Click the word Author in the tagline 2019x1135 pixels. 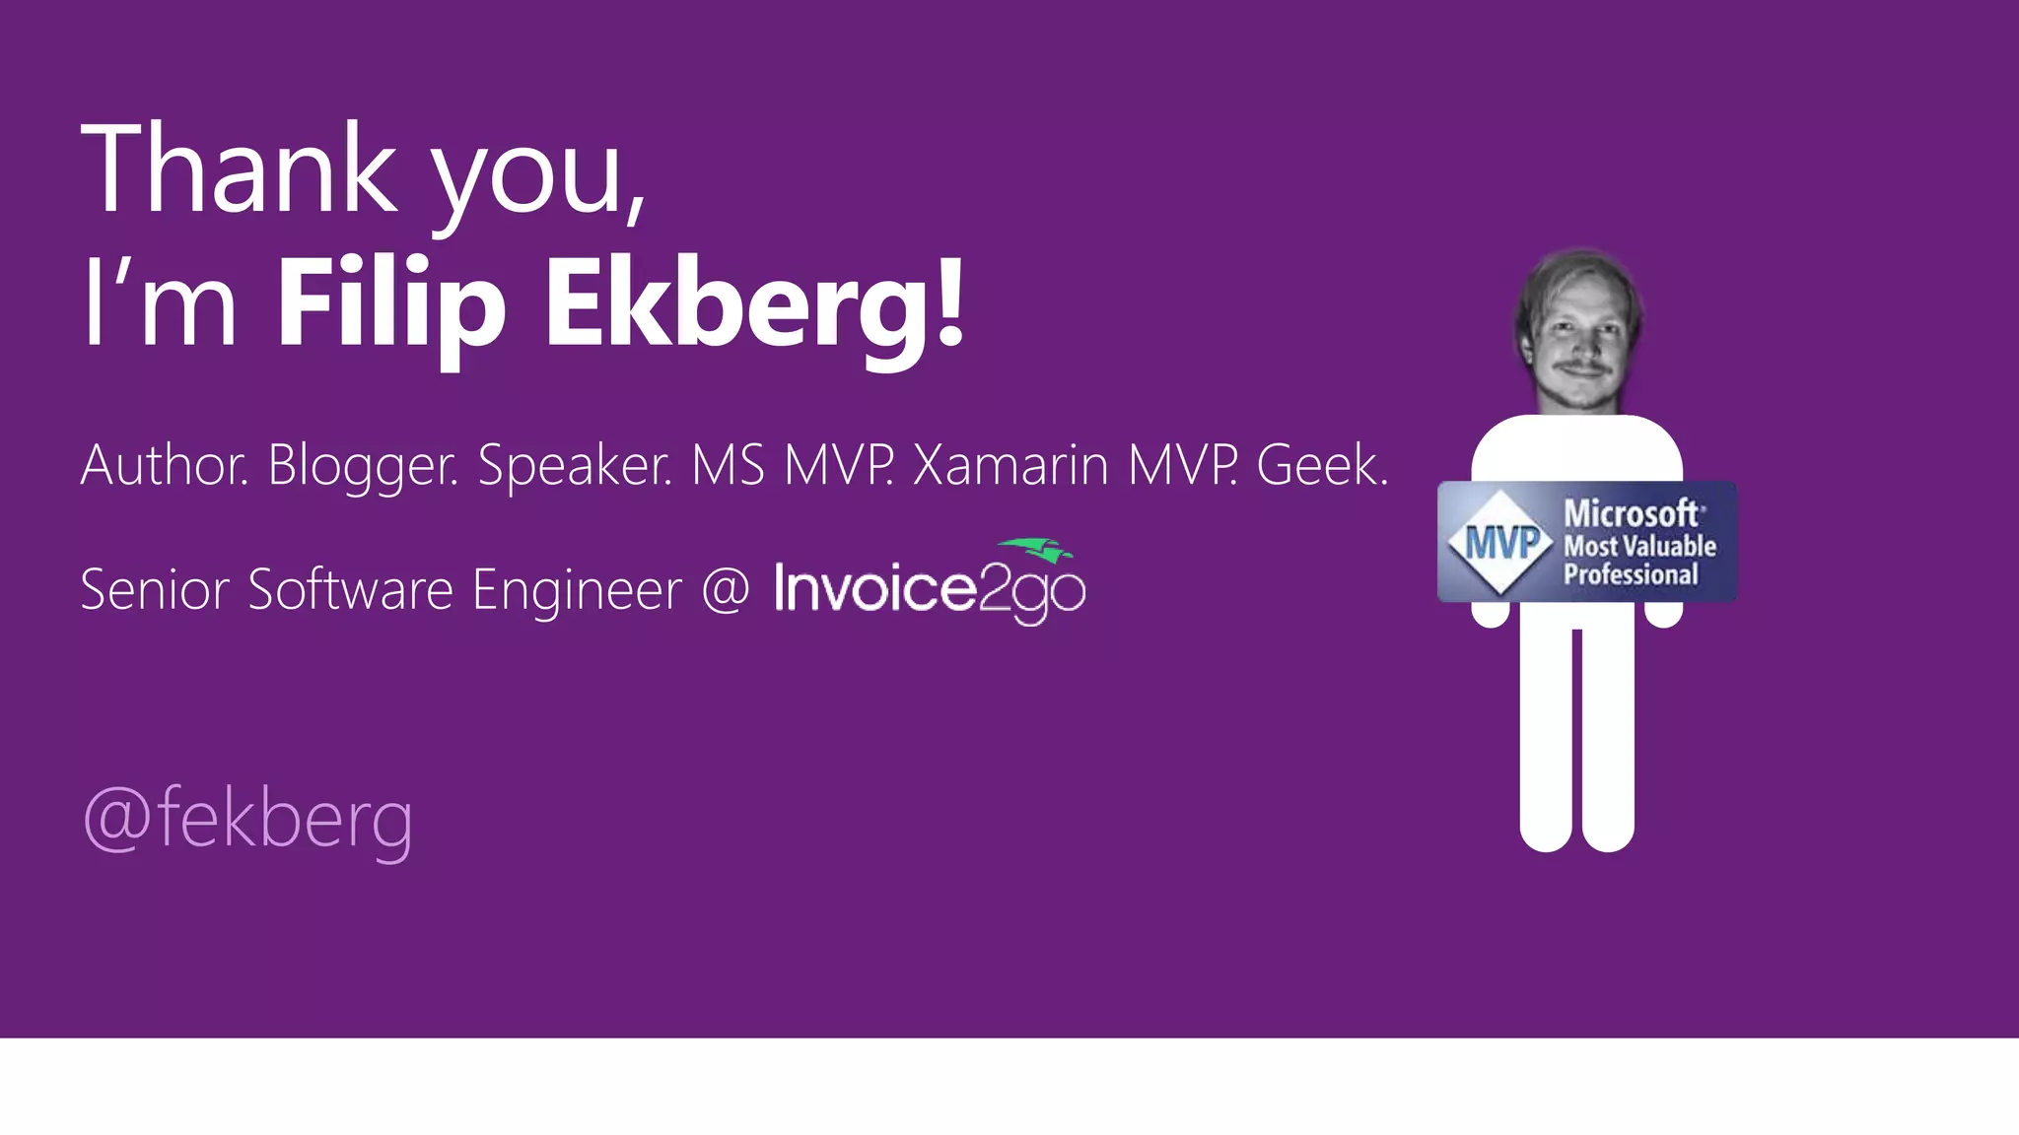[x=164, y=465]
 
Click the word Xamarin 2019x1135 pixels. [x=1010, y=465]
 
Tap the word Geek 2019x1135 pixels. [x=1322, y=465]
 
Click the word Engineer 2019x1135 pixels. [x=577, y=589]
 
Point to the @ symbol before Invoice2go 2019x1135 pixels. [x=726, y=589]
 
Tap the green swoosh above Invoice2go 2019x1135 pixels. [x=1036, y=550]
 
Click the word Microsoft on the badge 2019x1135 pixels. [x=1632, y=513]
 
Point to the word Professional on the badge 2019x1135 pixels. [x=1631, y=574]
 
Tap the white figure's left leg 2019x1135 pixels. [x=1546, y=739]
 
